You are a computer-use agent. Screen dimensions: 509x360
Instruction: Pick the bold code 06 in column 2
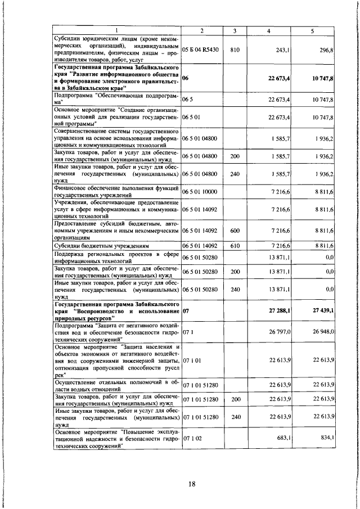(186, 79)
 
